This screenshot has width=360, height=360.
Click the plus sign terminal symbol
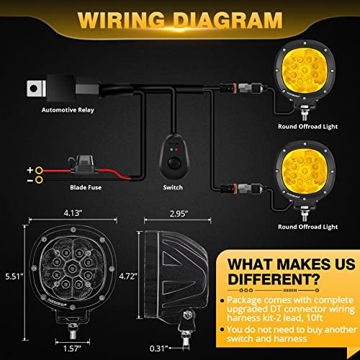click(x=30, y=170)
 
